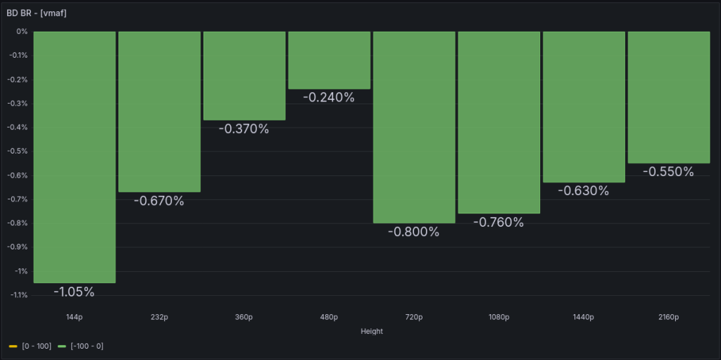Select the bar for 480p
click(329, 60)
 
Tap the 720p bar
click(414, 127)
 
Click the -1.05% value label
click(74, 292)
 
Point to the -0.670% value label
click(159, 201)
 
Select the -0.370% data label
click(244, 129)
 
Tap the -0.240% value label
click(329, 97)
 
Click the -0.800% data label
click(414, 232)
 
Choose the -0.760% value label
click(499, 223)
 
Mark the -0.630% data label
click(584, 190)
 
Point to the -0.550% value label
click(668, 171)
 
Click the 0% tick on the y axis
click(22, 32)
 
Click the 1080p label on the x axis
click(499, 317)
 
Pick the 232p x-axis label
click(159, 317)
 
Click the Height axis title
click(371, 331)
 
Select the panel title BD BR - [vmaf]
click(37, 13)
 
